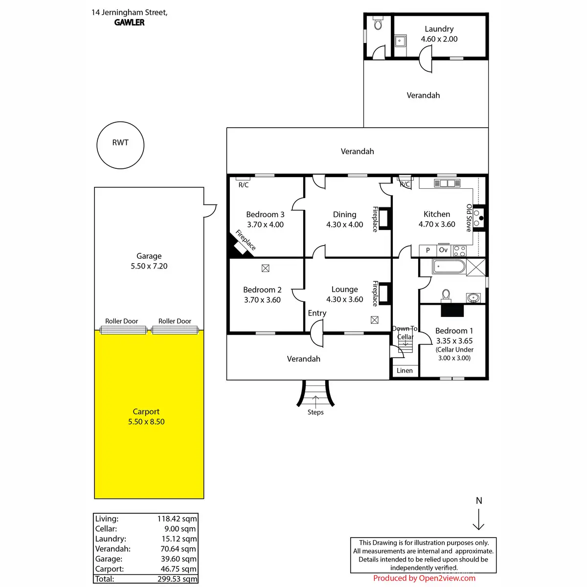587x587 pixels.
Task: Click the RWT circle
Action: (x=120, y=145)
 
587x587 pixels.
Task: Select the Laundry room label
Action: (x=439, y=29)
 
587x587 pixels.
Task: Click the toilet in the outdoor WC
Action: (x=378, y=23)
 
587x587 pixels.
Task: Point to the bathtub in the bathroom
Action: (x=449, y=267)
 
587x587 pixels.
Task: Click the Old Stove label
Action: (x=469, y=218)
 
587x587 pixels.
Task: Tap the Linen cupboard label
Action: (x=405, y=370)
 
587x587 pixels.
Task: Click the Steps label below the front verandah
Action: (x=316, y=412)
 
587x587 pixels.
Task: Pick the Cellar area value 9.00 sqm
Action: (x=180, y=529)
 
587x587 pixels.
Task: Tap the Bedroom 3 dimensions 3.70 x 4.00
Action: (x=265, y=225)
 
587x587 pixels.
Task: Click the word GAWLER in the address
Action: (x=130, y=23)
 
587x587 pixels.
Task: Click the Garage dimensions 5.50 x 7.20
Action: (x=149, y=266)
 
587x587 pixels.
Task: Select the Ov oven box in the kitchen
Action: (x=443, y=250)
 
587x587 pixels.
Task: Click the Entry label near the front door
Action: (x=317, y=313)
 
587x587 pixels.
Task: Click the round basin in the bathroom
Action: (x=473, y=297)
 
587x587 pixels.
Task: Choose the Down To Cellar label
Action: (x=405, y=333)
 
